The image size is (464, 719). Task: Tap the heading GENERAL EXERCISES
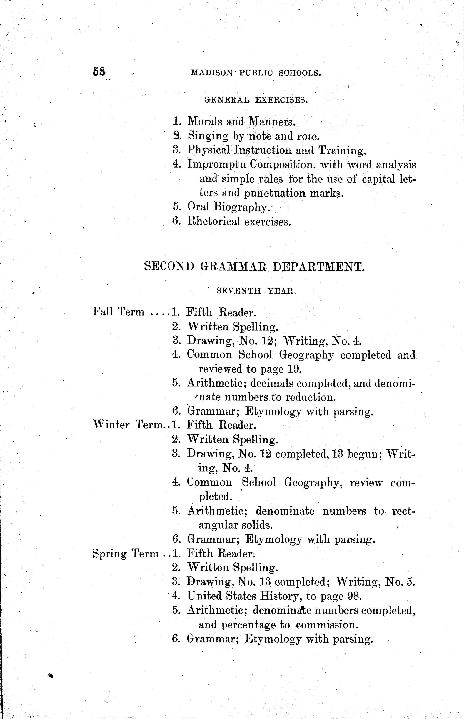point(256,100)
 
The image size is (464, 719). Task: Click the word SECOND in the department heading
point(169,266)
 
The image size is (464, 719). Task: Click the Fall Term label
point(119,312)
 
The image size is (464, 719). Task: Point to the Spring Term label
point(125,554)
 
